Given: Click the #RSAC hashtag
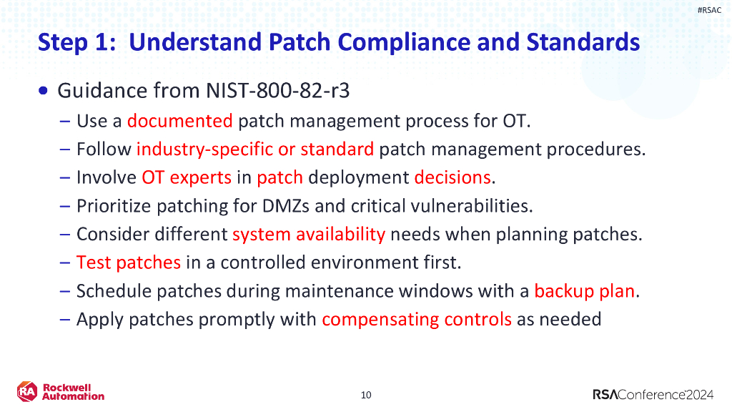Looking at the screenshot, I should click(x=709, y=10).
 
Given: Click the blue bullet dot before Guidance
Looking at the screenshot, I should click(x=45, y=92).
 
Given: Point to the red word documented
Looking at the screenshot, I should click(x=179, y=120).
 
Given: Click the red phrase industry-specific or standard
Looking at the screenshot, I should click(x=254, y=149).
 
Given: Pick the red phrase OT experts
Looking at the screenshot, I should click(x=187, y=177).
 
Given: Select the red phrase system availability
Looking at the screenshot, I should click(x=308, y=234).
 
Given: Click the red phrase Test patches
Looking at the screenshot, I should click(x=129, y=263).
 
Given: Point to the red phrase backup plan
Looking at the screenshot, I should click(x=584, y=291).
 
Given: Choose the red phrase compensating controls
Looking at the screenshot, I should click(x=416, y=319).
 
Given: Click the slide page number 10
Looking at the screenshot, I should click(x=366, y=395).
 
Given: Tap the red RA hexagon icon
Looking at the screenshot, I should click(x=27, y=391).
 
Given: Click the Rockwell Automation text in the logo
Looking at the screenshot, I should click(x=73, y=392).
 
